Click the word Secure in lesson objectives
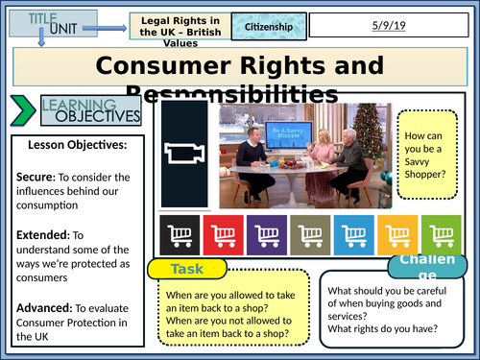tap(34, 177)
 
